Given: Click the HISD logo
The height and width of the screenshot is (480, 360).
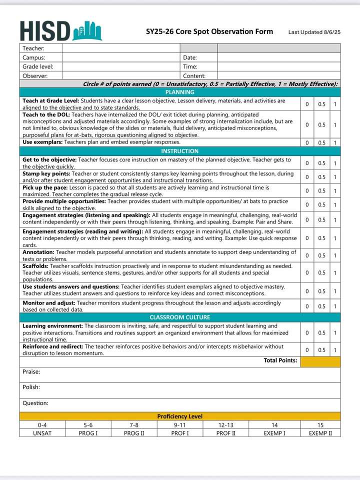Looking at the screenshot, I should (60, 31).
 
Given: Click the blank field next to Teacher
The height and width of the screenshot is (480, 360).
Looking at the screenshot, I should (120, 48).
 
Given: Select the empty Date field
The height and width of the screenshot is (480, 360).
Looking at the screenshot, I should (278, 57).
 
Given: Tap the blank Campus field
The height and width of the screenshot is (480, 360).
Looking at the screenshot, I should (120, 57).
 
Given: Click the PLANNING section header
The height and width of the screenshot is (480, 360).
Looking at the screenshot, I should (179, 92).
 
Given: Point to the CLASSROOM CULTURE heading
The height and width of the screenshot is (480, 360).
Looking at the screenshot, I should (179, 317).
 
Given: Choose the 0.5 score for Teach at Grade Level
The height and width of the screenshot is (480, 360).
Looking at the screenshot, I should (321, 104).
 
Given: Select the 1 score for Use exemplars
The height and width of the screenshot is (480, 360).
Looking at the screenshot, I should (335, 142).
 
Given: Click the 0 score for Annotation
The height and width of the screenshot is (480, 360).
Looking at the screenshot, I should (307, 255).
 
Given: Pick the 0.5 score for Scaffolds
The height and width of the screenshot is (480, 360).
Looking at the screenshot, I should (321, 273).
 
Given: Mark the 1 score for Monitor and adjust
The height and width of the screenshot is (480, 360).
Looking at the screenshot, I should (335, 306).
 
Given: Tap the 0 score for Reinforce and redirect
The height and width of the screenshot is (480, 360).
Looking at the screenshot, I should (307, 350).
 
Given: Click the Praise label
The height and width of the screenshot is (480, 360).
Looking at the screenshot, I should (31, 372).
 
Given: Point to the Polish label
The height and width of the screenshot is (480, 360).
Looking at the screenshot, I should (31, 387).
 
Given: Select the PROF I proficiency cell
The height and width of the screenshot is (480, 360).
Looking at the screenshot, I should (180, 433).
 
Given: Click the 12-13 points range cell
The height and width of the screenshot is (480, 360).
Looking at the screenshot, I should (226, 425).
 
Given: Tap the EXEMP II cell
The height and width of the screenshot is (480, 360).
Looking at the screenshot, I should (320, 433).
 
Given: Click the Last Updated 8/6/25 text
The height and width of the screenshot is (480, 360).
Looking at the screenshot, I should (314, 32).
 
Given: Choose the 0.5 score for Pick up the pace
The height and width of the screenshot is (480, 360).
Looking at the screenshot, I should (321, 191).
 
